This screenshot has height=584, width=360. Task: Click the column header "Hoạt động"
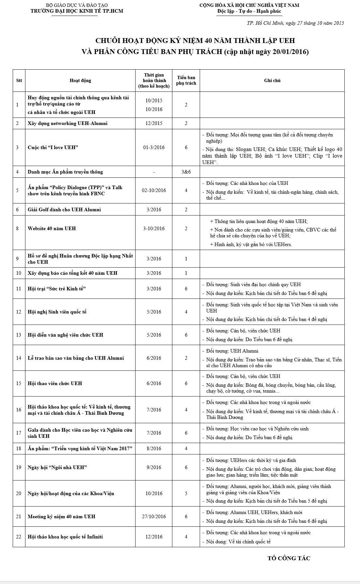click(x=80, y=80)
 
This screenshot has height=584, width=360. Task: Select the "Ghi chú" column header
click(x=272, y=80)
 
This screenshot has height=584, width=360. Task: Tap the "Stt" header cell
click(x=19, y=80)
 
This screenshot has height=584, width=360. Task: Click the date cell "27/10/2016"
click(x=154, y=516)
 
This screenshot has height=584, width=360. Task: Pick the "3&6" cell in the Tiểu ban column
click(x=186, y=172)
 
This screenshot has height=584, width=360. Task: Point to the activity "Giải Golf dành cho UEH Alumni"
click(x=64, y=209)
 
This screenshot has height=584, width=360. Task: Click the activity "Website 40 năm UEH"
click(x=52, y=228)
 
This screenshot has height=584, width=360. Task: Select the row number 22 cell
click(x=19, y=536)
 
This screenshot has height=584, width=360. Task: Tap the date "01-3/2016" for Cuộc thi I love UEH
click(x=154, y=147)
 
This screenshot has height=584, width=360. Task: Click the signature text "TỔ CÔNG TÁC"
click(x=289, y=558)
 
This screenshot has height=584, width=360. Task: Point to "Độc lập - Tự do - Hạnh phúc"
click(x=249, y=11)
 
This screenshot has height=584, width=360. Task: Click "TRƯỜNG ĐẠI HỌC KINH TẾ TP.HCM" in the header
click(x=77, y=11)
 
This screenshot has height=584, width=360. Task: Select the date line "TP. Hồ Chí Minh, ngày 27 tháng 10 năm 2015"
click(x=295, y=23)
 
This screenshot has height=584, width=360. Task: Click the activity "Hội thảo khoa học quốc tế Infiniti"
click(x=65, y=536)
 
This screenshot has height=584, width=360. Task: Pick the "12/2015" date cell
click(x=154, y=123)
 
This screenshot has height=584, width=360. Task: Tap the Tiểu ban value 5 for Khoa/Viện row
click(x=186, y=493)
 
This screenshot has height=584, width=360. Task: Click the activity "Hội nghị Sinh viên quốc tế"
click(x=57, y=312)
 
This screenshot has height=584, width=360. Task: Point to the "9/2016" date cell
click(x=154, y=467)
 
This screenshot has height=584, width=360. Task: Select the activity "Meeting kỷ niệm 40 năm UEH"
click(x=62, y=516)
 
